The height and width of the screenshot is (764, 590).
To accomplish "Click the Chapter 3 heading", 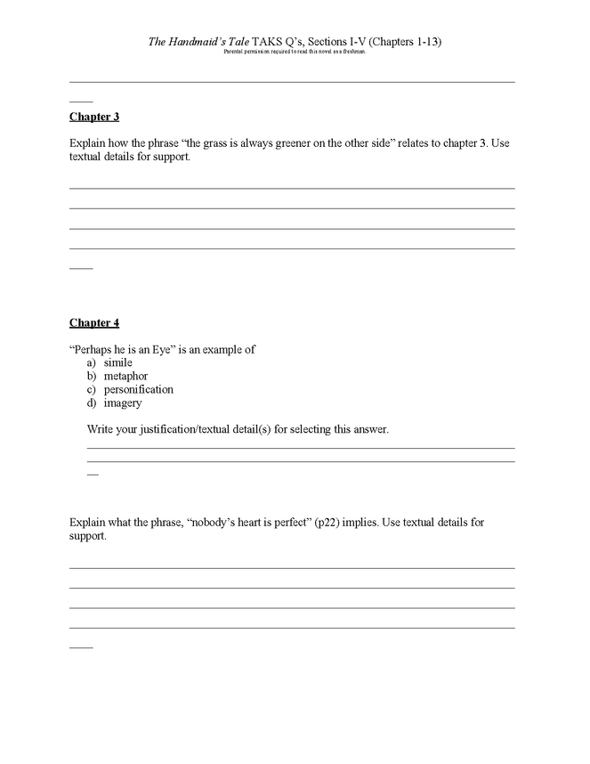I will (94, 117).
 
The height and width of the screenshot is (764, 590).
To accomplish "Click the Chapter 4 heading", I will (94, 322).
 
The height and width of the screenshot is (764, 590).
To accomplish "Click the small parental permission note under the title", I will (295, 52).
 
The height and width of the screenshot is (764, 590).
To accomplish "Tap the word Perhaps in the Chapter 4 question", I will (92, 349).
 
